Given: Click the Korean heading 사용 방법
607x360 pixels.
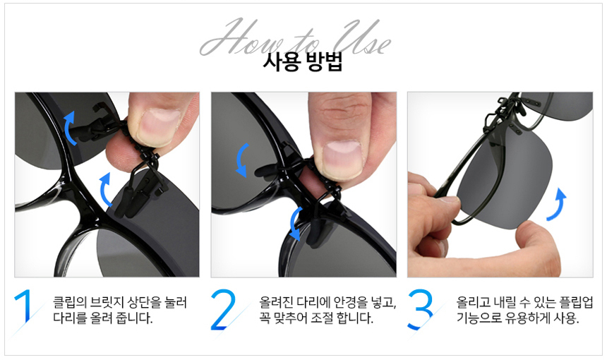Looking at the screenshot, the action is coord(303,62).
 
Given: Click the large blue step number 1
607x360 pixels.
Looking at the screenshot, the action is coord(25,306).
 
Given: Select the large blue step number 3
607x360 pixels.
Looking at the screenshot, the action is coord(421,309).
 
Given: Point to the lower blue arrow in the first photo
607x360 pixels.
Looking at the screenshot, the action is coord(104,190).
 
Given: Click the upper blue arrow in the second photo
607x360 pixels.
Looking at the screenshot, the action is coord(242,160).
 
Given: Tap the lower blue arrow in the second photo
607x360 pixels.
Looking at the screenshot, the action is coord(295,223).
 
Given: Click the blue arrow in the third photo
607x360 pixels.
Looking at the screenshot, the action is coord(558,204).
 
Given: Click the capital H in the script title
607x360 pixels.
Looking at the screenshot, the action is coord(229,37).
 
